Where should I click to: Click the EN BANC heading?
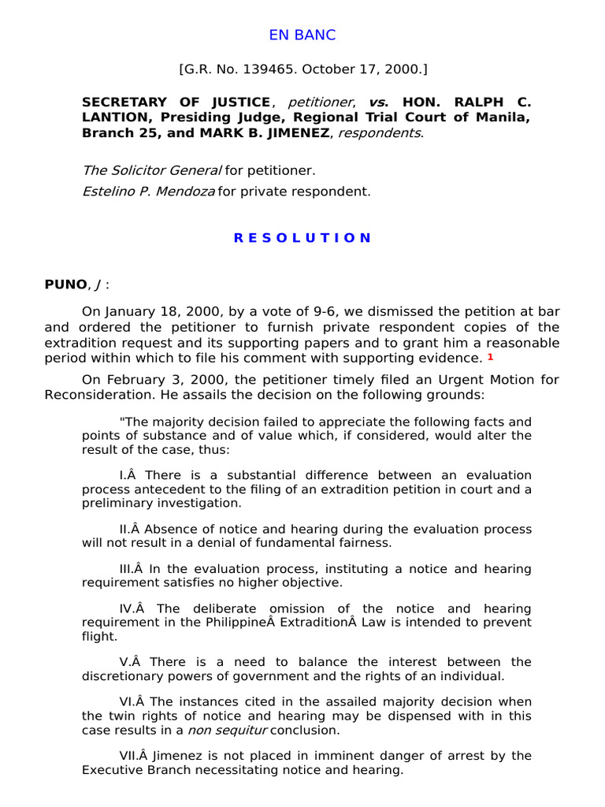coord(302,35)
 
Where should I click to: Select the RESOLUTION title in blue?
coord(302,238)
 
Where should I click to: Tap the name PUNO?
coord(65,284)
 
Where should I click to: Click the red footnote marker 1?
coord(490,357)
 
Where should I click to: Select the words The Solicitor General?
coord(151,170)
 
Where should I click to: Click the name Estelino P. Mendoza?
coord(148,191)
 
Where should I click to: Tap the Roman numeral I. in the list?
coord(124,475)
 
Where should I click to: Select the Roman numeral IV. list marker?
coord(127,608)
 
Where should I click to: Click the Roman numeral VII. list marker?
coord(128,756)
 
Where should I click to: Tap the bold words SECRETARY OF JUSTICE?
coord(176,102)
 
